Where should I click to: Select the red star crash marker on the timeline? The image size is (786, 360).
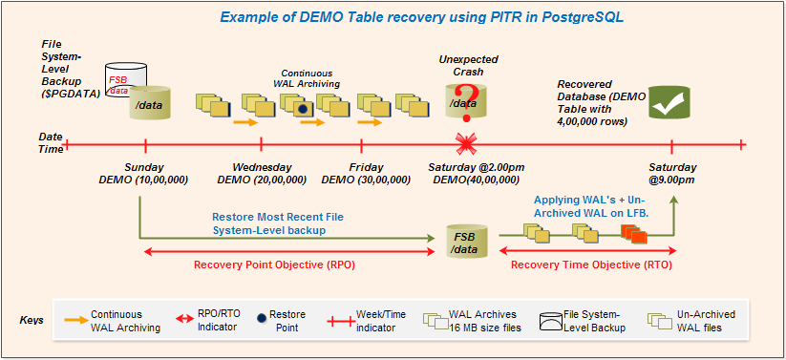(466, 145)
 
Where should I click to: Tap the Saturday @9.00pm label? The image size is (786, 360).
(671, 173)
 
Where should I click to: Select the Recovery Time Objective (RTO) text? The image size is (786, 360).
(590, 265)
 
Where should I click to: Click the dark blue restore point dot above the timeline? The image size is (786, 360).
(303, 110)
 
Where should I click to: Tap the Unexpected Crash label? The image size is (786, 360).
(468, 65)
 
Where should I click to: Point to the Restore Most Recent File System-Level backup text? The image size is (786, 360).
(277, 223)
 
